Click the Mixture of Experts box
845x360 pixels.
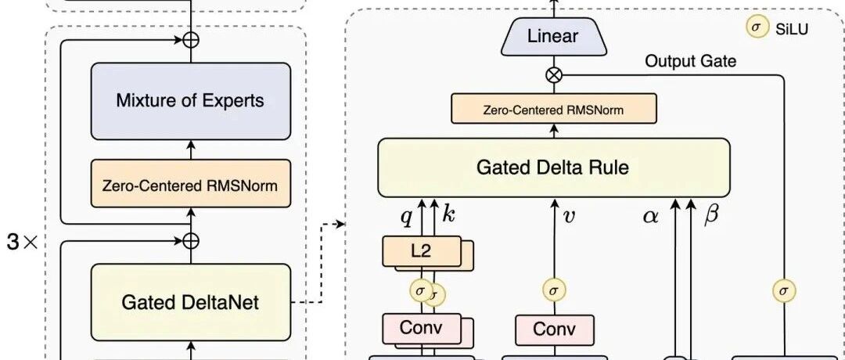click(191, 101)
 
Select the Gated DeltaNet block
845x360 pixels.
click(191, 302)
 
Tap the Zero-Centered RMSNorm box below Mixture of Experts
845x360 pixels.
click(191, 186)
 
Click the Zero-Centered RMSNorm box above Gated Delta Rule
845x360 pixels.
click(554, 110)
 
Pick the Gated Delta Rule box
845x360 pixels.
click(554, 167)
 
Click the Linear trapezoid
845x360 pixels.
click(553, 37)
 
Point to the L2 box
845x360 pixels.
click(422, 251)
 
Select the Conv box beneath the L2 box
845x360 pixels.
click(422, 328)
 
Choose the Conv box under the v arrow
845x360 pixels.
click(555, 329)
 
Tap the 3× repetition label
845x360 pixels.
click(23, 243)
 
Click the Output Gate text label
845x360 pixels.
click(690, 61)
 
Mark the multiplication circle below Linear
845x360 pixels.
click(554, 75)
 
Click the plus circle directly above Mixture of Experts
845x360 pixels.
click(191, 40)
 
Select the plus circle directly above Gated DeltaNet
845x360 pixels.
click(191, 240)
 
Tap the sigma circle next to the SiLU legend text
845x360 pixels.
click(757, 28)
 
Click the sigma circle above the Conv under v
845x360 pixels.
click(554, 290)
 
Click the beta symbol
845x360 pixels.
click(711, 215)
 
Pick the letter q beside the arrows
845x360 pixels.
click(406, 217)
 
